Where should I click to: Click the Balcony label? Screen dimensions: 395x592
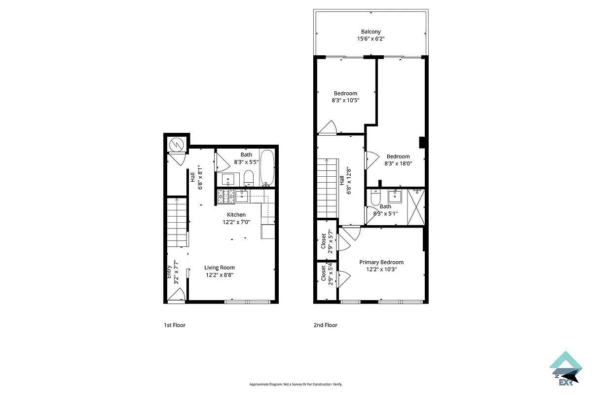pos(370,32)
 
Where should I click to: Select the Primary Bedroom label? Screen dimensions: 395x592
pos(381,262)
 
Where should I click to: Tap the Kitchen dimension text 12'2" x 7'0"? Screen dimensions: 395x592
pos(236,222)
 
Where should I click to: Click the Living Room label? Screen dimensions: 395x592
pos(220,268)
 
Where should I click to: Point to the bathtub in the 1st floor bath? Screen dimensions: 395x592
pos(267,168)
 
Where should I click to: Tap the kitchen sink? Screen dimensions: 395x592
pos(242,197)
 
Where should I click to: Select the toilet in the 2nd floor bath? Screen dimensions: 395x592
pos(375,198)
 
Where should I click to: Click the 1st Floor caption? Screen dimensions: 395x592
pos(175,325)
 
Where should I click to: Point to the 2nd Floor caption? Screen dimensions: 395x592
pos(326,325)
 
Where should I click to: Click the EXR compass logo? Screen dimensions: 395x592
pos(565,368)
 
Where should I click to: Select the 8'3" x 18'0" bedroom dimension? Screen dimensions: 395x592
pos(398,163)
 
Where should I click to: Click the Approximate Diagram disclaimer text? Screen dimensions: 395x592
pos(296,384)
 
